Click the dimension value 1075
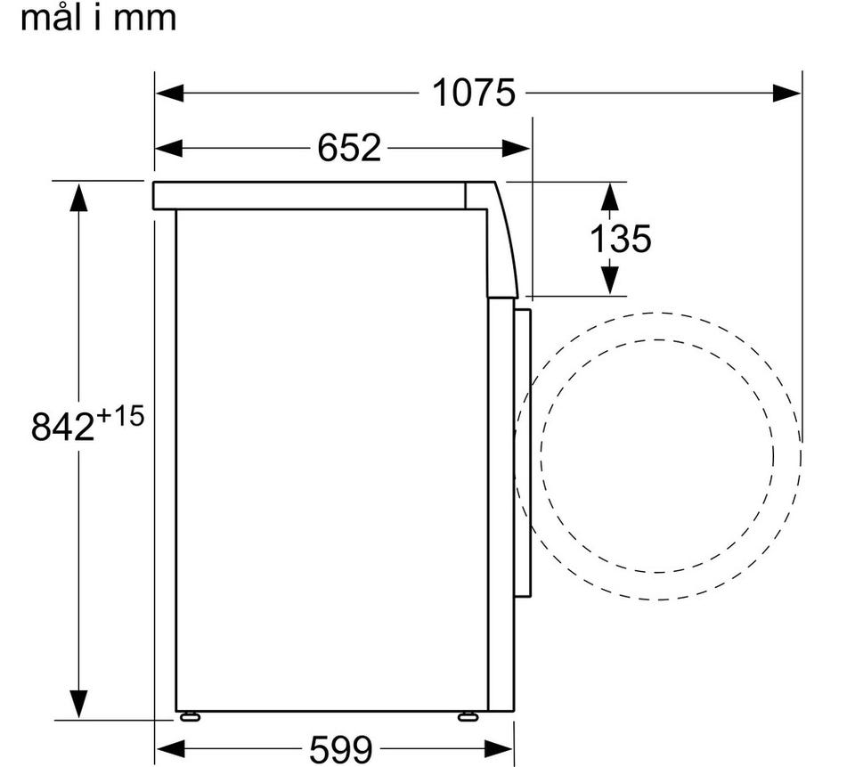coord(473,93)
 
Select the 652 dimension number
coord(349,147)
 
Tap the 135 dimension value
coord(621,239)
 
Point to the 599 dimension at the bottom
coord(341,749)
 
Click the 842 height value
coord(62,426)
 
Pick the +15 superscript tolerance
coord(120,416)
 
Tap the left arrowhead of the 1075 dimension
coord(169,93)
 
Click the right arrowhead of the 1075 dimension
coord(786,93)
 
